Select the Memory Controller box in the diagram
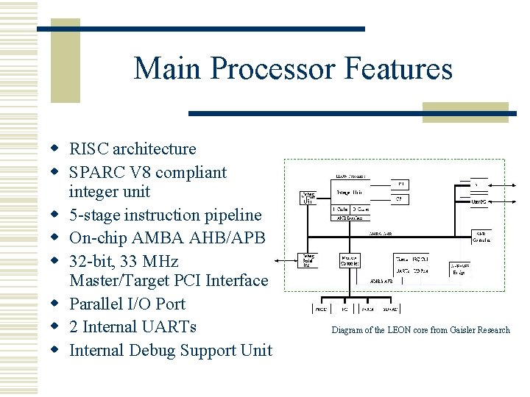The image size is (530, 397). click(x=349, y=261)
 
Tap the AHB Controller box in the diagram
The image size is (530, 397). click(x=481, y=237)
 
